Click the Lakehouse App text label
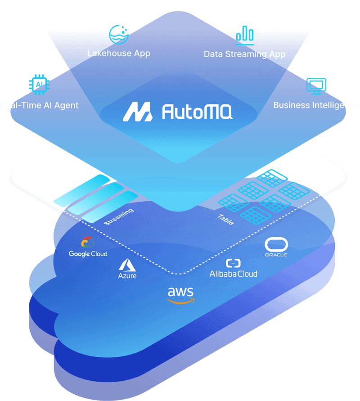tap(118, 53)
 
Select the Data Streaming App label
tap(244, 54)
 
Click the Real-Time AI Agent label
tap(40, 105)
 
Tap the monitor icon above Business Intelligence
tap(316, 86)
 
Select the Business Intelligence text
tap(316, 105)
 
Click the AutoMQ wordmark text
tap(197, 112)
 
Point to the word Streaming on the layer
tap(118, 217)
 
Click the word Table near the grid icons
tap(225, 219)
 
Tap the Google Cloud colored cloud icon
tap(88, 243)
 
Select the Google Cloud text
tap(88, 254)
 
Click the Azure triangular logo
tap(127, 264)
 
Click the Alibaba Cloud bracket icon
tap(233, 263)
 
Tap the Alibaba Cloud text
tap(233, 274)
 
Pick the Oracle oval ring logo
tap(276, 244)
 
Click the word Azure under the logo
tap(127, 275)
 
